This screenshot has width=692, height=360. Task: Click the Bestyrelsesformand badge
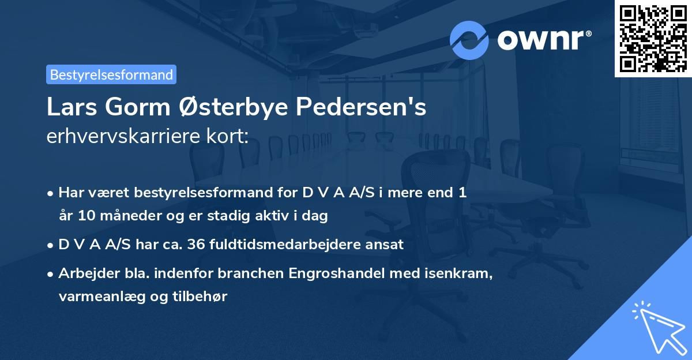[x=111, y=74]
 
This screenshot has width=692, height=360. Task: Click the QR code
[x=653, y=38]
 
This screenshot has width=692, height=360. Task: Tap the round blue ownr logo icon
[x=469, y=40]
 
